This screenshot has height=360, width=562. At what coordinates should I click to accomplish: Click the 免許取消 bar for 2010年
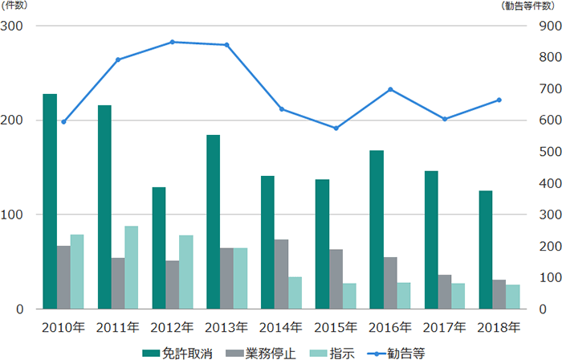pyautogui.click(x=50, y=201)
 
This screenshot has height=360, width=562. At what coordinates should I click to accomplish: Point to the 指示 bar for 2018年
pyautogui.click(x=512, y=297)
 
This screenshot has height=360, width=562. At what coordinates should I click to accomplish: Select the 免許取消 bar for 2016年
pyautogui.click(x=376, y=229)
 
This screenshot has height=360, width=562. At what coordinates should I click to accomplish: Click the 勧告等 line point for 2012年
pyautogui.click(x=173, y=42)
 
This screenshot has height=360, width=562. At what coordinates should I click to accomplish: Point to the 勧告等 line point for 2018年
pyautogui.click(x=499, y=100)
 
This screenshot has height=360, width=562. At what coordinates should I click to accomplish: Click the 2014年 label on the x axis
pyautogui.click(x=281, y=327)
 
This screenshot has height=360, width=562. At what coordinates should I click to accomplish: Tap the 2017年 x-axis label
pyautogui.click(x=444, y=327)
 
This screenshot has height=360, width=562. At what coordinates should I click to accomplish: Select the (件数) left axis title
pyautogui.click(x=16, y=6)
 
